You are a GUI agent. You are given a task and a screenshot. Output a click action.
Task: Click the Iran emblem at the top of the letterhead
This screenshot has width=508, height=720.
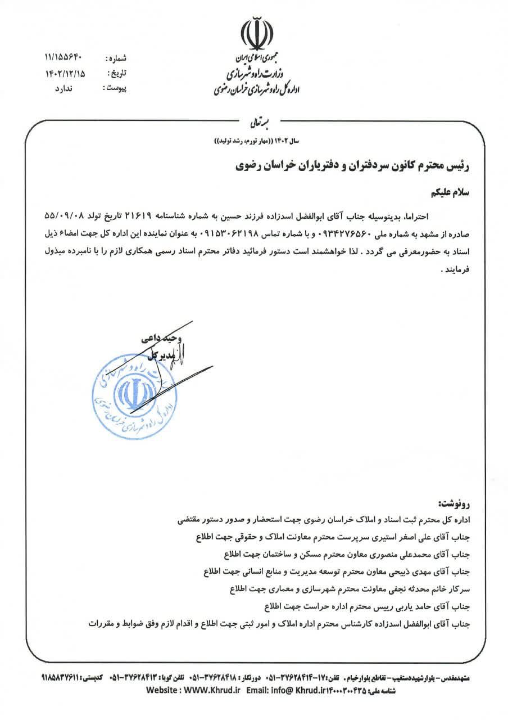point(254,35)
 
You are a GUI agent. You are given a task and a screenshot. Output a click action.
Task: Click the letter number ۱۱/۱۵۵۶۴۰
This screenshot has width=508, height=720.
point(63,57)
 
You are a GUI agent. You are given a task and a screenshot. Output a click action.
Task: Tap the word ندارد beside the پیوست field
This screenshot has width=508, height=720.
point(63,89)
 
